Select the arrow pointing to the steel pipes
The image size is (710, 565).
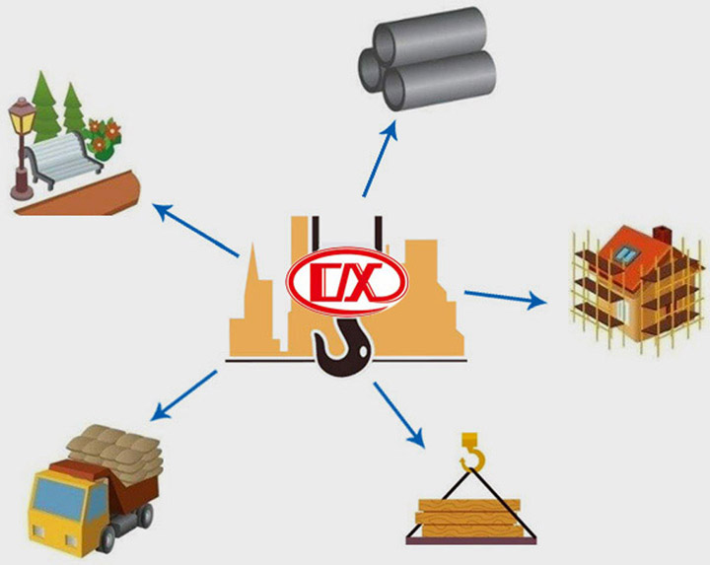point(380,158)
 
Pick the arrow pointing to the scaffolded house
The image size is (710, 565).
point(504,297)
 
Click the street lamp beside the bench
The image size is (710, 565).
point(19,138)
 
